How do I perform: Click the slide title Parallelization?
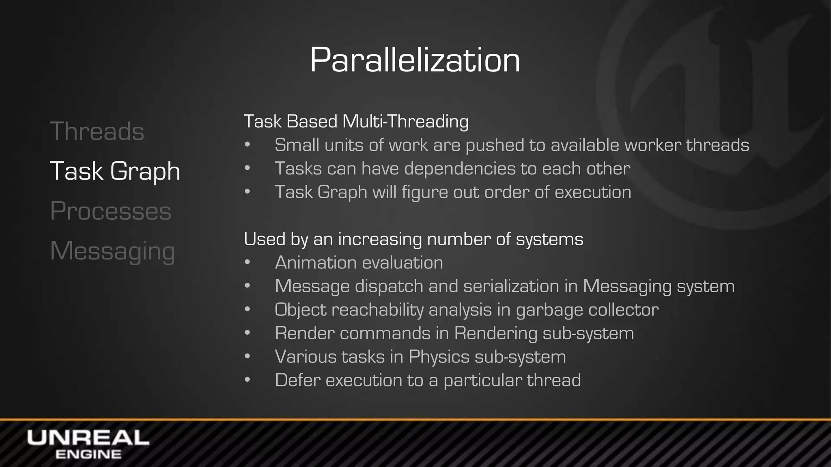415,60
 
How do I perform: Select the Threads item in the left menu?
97,131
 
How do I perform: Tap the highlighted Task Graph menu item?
115,171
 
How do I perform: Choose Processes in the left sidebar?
111,211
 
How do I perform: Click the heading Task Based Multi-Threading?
356,122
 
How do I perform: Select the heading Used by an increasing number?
413,239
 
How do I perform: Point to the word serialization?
511,286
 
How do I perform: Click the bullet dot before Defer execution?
248,380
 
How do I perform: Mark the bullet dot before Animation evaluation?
248,263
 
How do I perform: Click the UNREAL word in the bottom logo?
88,438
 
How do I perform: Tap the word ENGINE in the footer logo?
88,454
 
